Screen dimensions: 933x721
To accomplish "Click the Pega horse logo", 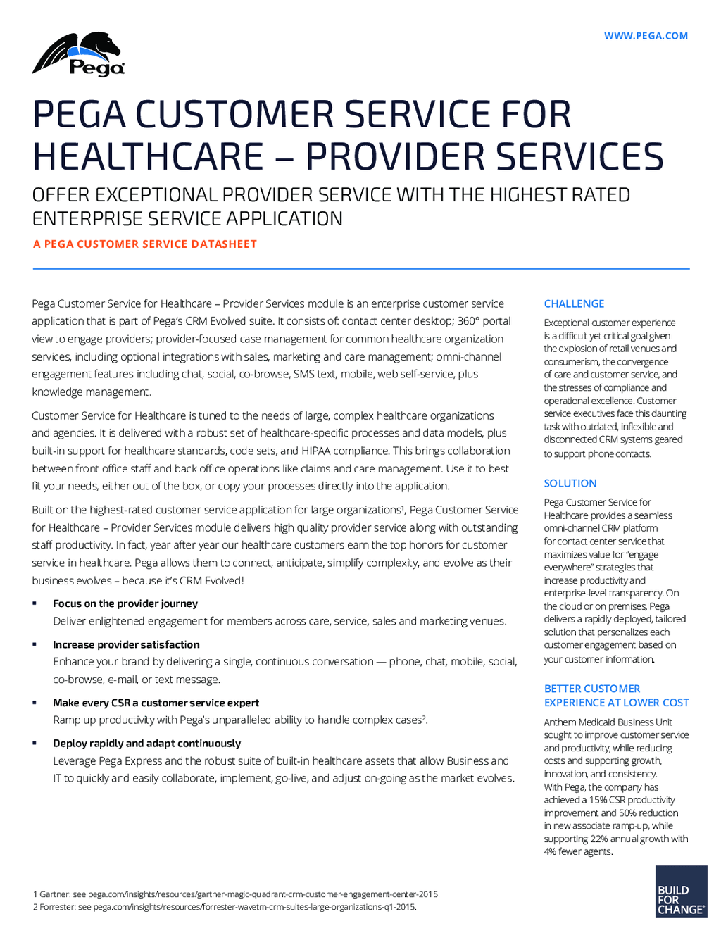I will pyautogui.click(x=78, y=54).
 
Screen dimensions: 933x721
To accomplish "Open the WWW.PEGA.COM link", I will pyautogui.click(x=646, y=36).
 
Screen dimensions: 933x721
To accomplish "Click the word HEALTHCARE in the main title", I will pyautogui.click(x=149, y=156).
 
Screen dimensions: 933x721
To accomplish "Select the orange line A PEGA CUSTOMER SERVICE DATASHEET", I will pyautogui.click(x=145, y=244).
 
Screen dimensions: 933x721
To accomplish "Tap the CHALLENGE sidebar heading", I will pyautogui.click(x=574, y=303).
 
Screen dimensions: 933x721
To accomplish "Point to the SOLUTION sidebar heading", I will pyautogui.click(x=570, y=483).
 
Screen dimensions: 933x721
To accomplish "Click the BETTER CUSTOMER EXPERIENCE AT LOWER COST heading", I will pyautogui.click(x=616, y=696).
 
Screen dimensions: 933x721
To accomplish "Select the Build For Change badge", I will pyautogui.click(x=681, y=891).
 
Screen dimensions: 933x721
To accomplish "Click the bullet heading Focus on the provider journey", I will pyautogui.click(x=125, y=603).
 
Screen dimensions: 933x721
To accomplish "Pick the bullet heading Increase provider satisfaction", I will pyautogui.click(x=126, y=644).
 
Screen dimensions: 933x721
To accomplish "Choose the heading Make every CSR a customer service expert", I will pyautogui.click(x=156, y=703).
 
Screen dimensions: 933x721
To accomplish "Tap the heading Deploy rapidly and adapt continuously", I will pyautogui.click(x=146, y=743).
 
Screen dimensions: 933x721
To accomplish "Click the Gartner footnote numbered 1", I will pyautogui.click(x=237, y=894).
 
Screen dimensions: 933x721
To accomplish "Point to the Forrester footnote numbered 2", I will pyautogui.click(x=225, y=907).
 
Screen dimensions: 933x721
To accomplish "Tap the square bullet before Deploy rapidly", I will pyautogui.click(x=35, y=743).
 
